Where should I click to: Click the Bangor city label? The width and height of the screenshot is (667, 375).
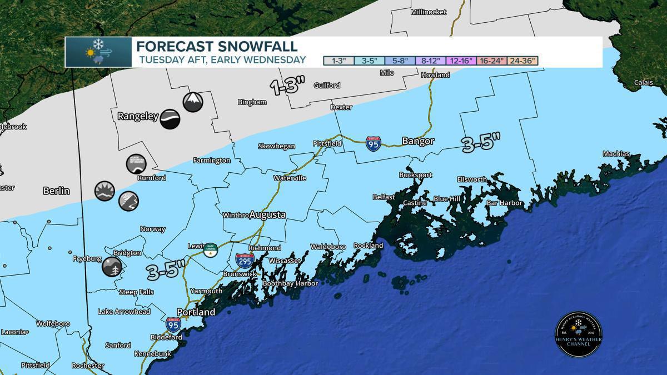click(x=418, y=142)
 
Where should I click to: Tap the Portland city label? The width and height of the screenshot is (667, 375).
click(x=196, y=312)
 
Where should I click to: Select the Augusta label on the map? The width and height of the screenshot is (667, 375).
click(x=267, y=214)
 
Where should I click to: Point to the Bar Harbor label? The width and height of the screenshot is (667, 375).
click(x=504, y=203)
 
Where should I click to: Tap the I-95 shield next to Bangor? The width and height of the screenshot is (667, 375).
click(x=374, y=143)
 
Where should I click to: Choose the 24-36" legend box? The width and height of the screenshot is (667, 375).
click(x=520, y=61)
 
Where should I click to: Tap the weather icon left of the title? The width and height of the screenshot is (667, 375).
click(x=98, y=52)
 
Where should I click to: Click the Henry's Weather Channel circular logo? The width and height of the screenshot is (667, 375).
click(x=579, y=334)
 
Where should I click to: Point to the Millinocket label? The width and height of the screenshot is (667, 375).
click(x=429, y=12)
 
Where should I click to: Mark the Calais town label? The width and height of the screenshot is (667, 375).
click(x=644, y=83)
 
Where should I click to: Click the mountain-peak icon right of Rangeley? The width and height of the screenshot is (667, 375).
click(x=193, y=102)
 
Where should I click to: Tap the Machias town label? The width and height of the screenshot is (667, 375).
click(x=616, y=154)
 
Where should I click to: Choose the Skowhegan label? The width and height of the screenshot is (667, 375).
click(x=276, y=146)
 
